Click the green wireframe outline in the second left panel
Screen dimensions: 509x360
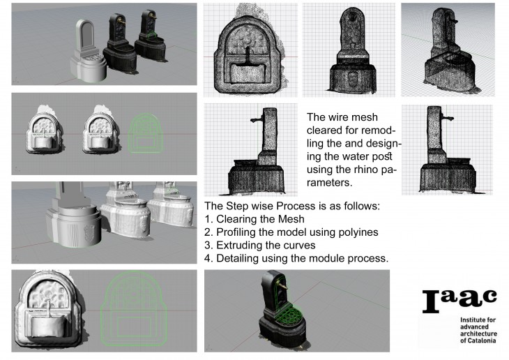point(146,133)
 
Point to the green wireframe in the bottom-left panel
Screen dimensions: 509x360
point(134,309)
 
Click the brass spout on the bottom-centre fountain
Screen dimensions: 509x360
point(283,285)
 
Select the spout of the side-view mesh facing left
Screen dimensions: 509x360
point(257,119)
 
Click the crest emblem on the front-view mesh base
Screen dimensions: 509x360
point(353,78)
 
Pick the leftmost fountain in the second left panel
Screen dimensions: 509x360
point(44,130)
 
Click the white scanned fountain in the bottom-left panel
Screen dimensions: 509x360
point(49,310)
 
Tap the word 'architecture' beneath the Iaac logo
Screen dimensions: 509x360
point(478,333)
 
